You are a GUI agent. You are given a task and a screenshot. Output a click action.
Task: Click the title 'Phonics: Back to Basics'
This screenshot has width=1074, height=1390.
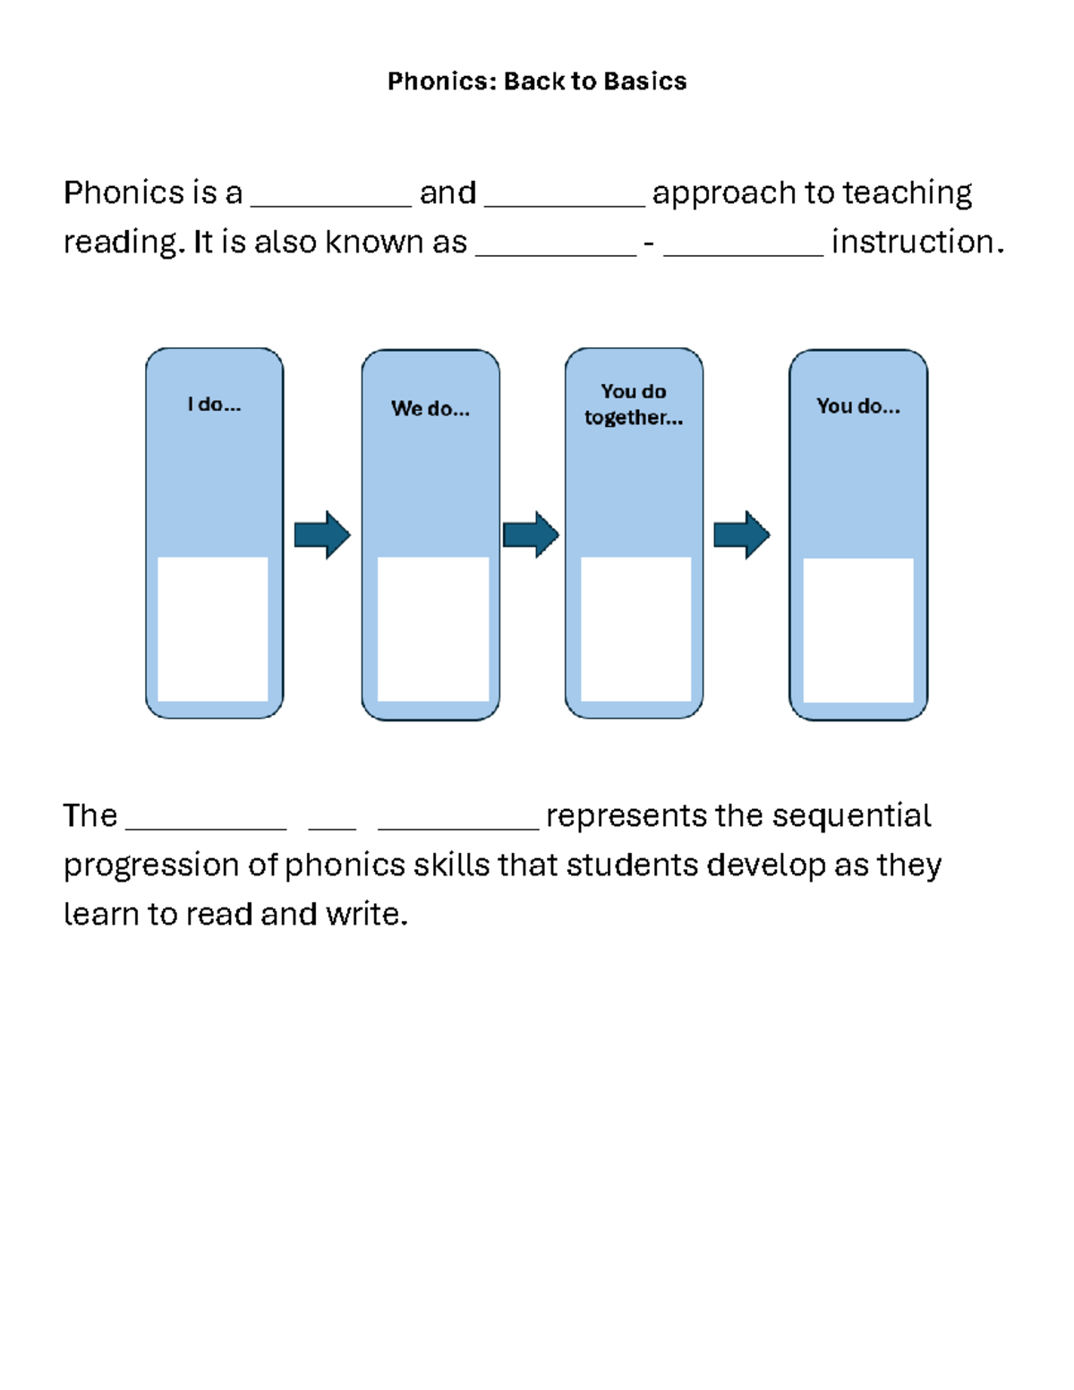pos(537,81)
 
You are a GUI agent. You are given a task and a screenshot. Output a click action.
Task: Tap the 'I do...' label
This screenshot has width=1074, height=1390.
pos(214,405)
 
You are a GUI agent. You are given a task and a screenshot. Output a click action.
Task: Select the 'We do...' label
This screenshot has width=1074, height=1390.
pos(430,409)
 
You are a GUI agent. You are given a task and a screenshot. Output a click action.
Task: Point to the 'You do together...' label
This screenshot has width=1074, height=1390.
pos(634,405)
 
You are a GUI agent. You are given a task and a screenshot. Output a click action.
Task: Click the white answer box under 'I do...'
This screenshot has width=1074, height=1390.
pos(213,628)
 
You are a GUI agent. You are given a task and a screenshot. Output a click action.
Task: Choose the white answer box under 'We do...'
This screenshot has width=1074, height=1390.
pos(433,628)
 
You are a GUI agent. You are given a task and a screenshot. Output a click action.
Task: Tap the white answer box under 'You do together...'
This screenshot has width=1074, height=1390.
pos(636,628)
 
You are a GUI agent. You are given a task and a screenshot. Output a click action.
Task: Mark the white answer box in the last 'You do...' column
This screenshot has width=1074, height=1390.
pos(858,630)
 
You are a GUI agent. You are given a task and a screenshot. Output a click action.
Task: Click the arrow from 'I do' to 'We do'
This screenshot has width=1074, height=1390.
pos(322,535)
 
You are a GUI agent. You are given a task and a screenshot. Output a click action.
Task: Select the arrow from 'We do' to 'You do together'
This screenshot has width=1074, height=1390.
pos(531,535)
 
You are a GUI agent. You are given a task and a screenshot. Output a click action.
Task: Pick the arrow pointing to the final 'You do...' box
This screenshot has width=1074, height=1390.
pos(741,535)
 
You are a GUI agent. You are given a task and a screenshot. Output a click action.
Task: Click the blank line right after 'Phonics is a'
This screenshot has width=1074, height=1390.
pos(331,202)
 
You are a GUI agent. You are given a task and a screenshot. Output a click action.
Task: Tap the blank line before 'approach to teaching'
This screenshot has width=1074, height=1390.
pos(564,202)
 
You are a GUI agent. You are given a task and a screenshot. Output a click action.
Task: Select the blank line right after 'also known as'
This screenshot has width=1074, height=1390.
pos(556,252)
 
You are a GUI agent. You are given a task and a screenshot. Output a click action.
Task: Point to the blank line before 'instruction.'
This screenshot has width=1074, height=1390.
pos(743,252)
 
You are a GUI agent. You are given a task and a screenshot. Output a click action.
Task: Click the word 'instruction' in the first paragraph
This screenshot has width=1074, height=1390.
pos(913,242)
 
